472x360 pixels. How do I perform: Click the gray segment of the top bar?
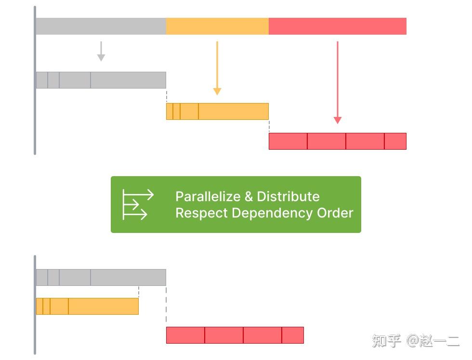[101, 26]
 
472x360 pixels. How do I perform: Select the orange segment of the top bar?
[217, 26]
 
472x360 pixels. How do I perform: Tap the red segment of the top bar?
[338, 26]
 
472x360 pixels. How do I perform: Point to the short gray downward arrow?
[101, 51]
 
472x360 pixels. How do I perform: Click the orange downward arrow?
[217, 68]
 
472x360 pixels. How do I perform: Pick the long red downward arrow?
[338, 82]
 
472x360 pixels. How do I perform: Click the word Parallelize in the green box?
[208, 196]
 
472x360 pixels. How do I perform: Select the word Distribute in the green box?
[288, 196]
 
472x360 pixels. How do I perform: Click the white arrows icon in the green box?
[138, 205]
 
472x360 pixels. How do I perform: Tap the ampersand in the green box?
[249, 196]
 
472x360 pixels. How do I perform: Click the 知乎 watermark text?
[386, 341]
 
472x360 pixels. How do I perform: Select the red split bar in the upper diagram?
[338, 141]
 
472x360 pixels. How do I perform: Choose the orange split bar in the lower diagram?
[87, 306]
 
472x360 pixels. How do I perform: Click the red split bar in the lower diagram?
[235, 335]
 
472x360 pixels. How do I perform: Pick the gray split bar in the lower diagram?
[101, 277]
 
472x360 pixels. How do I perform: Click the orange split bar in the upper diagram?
[217, 111]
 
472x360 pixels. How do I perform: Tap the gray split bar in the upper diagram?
[101, 80]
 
